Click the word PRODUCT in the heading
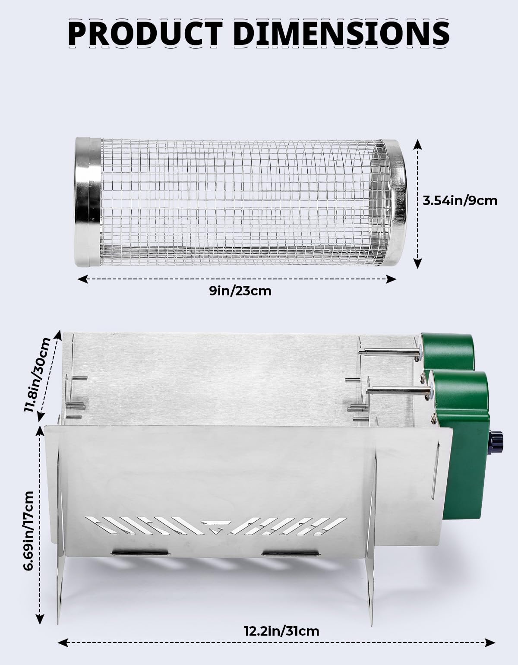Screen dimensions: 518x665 click(145, 33)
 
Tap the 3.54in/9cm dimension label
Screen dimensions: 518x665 click(460, 201)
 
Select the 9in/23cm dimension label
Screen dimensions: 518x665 click(240, 291)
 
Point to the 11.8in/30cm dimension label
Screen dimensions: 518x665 click(37, 375)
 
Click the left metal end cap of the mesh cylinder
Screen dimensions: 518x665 click(88, 202)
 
